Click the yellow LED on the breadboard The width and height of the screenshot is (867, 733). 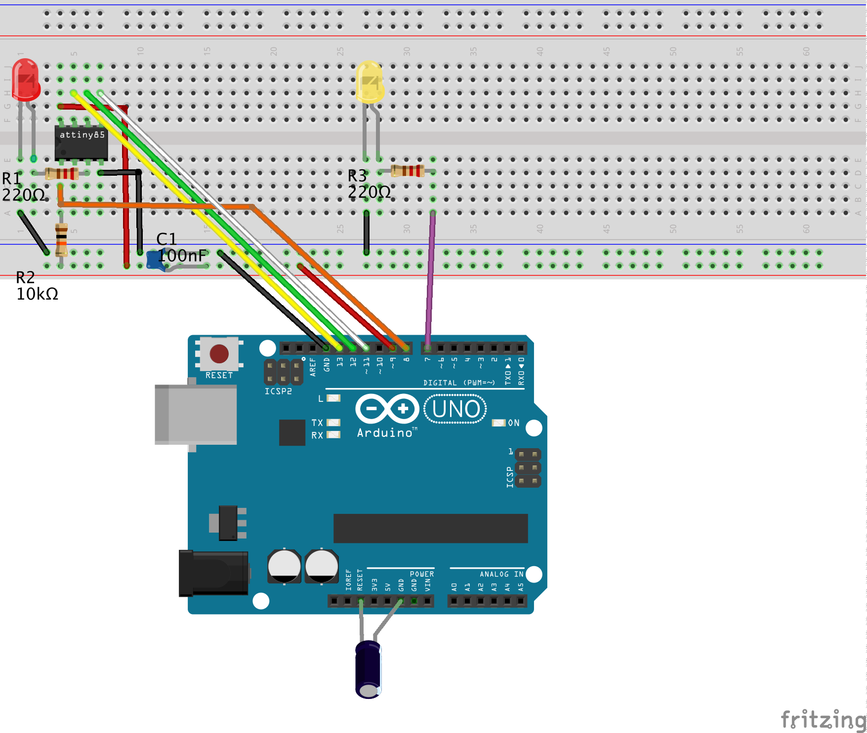point(370,82)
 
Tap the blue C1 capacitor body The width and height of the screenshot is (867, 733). point(155,261)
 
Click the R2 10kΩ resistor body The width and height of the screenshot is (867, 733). point(61,239)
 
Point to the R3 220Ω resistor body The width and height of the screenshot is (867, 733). point(408,171)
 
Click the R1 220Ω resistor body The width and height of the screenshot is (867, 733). point(62,173)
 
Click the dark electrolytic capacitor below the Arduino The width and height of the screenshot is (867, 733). point(368,669)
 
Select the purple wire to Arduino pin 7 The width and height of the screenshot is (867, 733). point(430,276)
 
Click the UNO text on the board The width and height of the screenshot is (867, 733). point(455,409)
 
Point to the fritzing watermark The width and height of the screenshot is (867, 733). point(823,720)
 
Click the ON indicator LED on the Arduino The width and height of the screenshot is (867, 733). point(498,423)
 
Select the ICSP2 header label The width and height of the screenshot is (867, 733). point(278,391)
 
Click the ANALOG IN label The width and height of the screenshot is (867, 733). point(501,574)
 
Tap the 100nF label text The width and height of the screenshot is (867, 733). point(182,256)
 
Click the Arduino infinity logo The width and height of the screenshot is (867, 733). point(387,409)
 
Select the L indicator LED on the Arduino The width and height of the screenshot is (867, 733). point(333,398)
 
